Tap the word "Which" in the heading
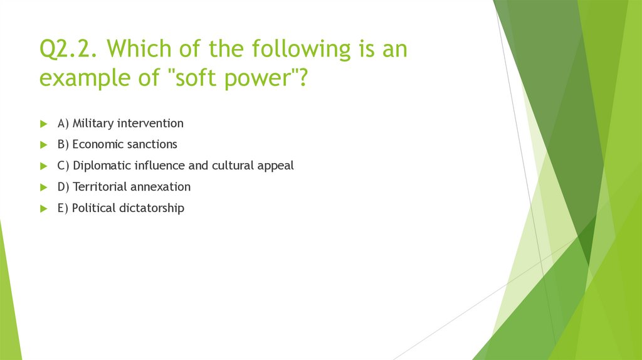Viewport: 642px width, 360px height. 140,49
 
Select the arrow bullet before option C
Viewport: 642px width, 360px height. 43,166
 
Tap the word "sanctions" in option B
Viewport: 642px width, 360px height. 152,145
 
